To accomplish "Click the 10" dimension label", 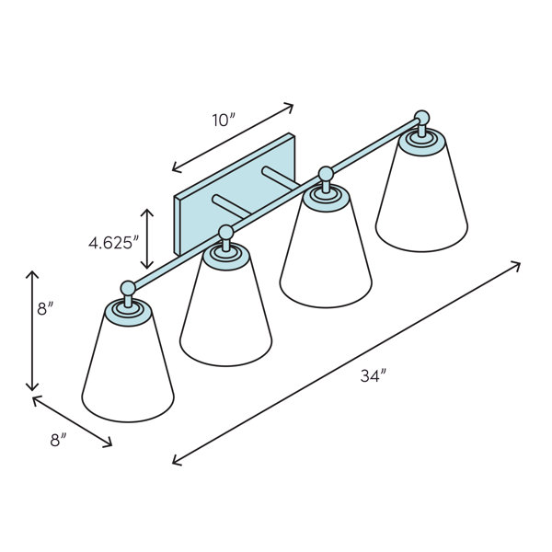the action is pos(224,121).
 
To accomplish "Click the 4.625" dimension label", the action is pos(114,243).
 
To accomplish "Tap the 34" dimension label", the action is pos(374,376).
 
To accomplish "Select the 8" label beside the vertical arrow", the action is pos(45,309).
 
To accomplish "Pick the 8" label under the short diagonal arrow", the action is pos(58,441).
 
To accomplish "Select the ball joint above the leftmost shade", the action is pos(128,288).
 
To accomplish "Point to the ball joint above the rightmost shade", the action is pos(421,118).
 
